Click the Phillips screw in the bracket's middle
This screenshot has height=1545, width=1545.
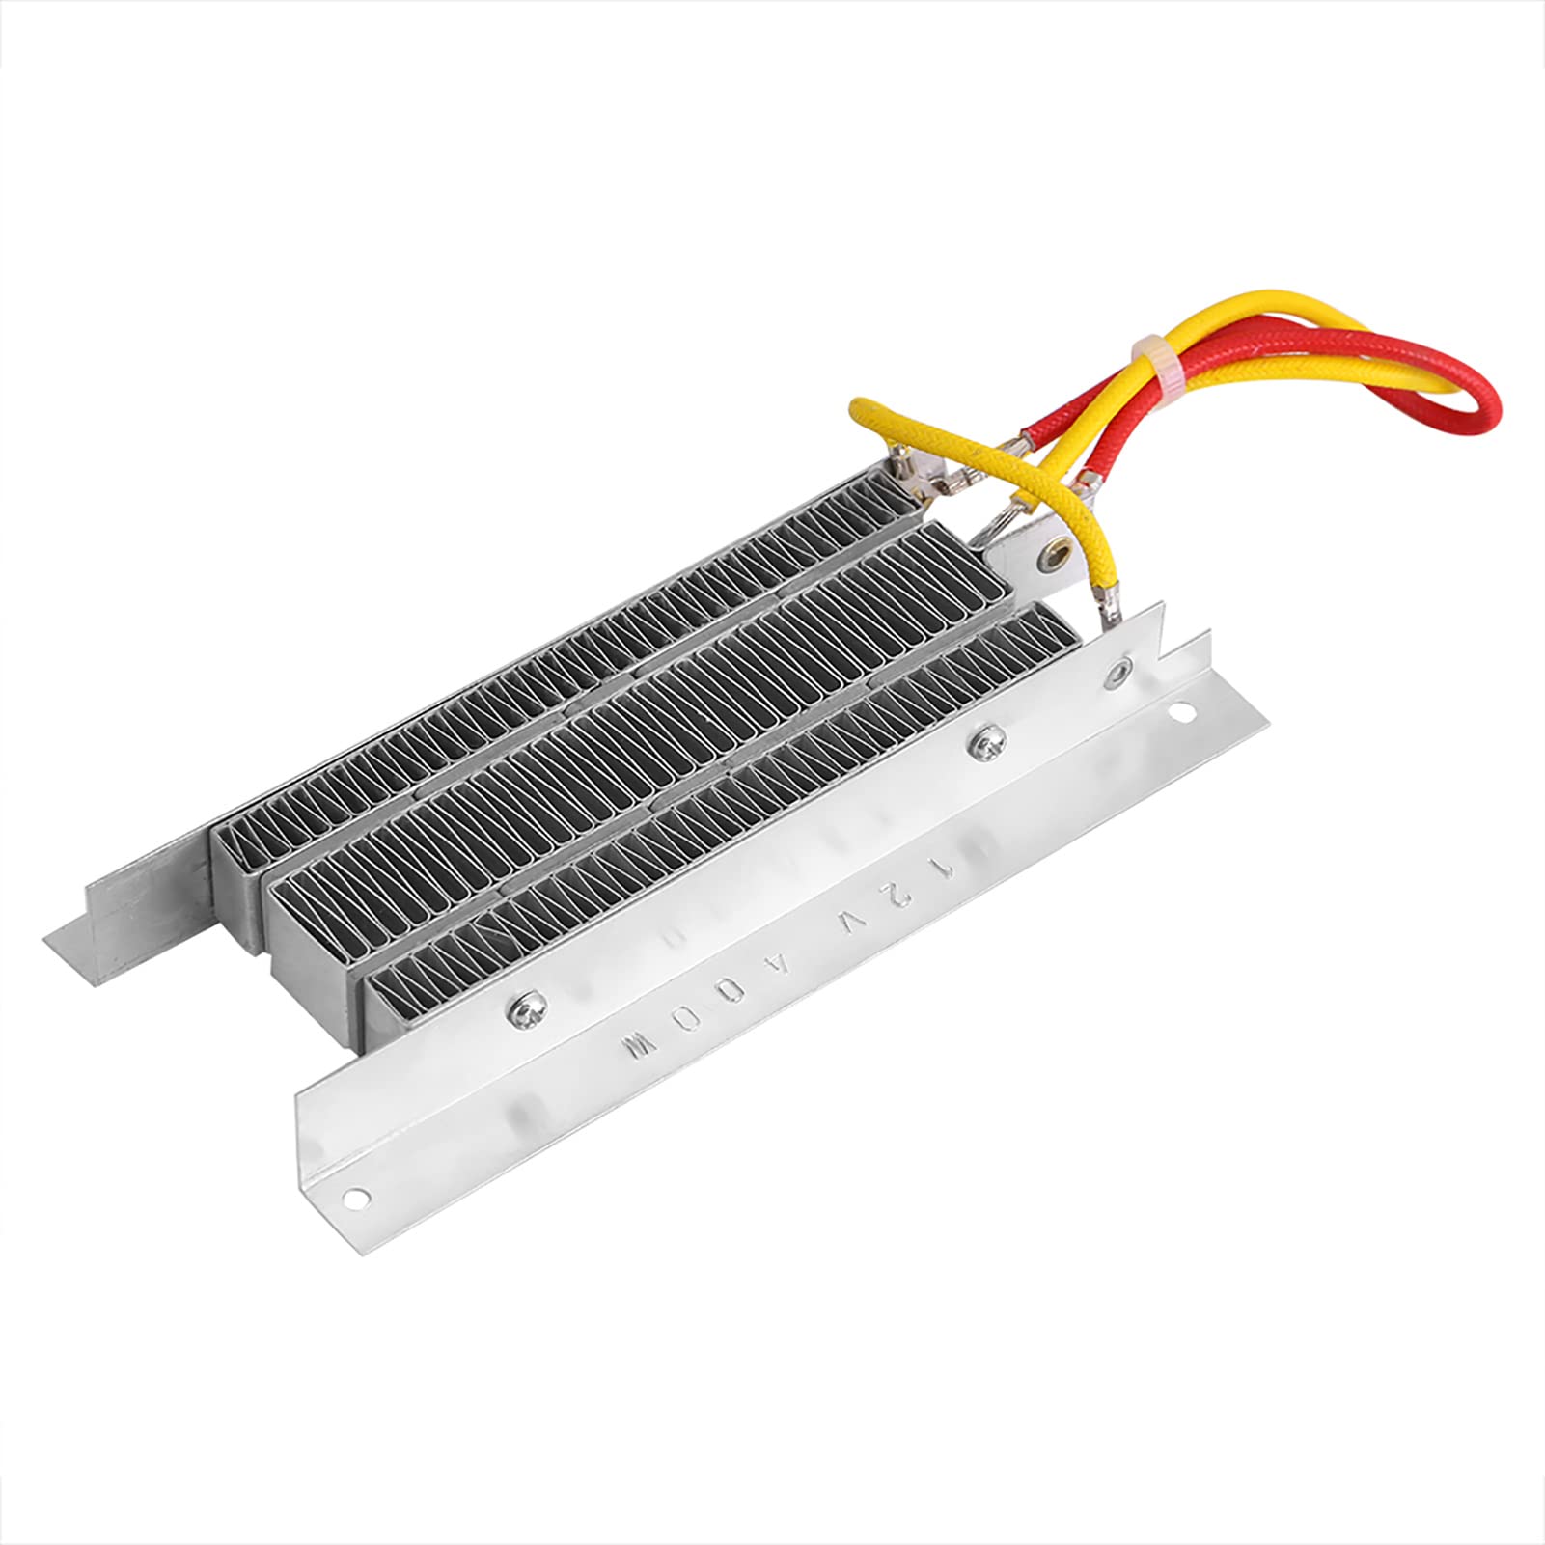click(x=986, y=740)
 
